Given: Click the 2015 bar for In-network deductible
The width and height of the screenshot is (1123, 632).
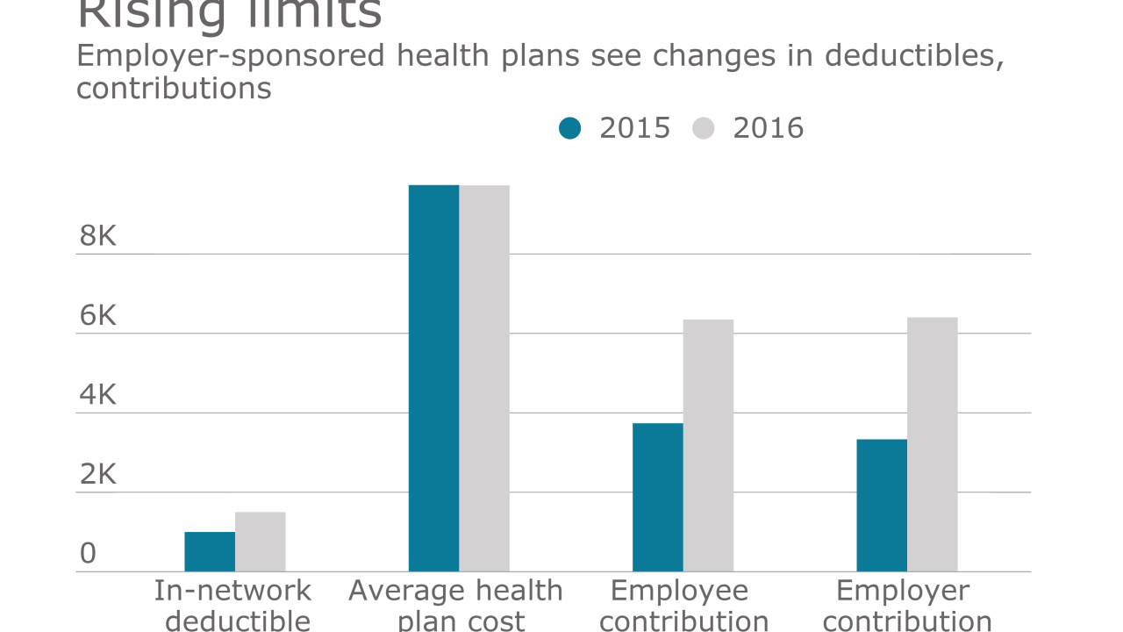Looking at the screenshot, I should coord(210,551).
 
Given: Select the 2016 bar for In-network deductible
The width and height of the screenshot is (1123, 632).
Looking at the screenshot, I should coord(261,542).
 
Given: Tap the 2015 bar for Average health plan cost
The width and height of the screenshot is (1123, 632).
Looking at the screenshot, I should coord(433,378).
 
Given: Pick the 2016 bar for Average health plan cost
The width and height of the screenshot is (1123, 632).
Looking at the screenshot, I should coord(485,378).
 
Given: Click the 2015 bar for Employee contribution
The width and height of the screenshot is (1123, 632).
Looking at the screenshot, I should coord(658,497).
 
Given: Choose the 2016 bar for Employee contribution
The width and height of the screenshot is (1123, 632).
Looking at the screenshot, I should coord(708,445).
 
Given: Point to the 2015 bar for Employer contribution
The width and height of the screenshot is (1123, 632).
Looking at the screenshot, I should coord(882,505).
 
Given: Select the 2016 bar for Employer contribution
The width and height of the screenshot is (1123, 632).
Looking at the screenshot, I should coord(933,444).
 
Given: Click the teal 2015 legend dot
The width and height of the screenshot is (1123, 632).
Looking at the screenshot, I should coord(570,129).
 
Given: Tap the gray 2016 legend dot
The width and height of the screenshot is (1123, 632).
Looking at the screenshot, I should coord(704,129).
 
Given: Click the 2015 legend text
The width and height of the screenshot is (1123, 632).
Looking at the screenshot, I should coord(634,128).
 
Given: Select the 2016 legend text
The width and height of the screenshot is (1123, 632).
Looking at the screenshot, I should coord(768,128).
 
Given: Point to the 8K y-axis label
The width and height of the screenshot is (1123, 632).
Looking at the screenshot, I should coord(97,236).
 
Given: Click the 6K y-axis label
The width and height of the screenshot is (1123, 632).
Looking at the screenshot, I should coord(97,316).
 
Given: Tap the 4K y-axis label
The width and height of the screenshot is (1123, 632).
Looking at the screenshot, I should coord(97,395).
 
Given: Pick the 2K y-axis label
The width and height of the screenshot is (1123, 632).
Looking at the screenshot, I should coord(97,475).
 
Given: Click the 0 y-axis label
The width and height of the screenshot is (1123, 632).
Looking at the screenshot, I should coord(88,554).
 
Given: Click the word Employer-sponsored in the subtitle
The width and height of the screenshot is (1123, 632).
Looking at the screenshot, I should coord(231,56).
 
